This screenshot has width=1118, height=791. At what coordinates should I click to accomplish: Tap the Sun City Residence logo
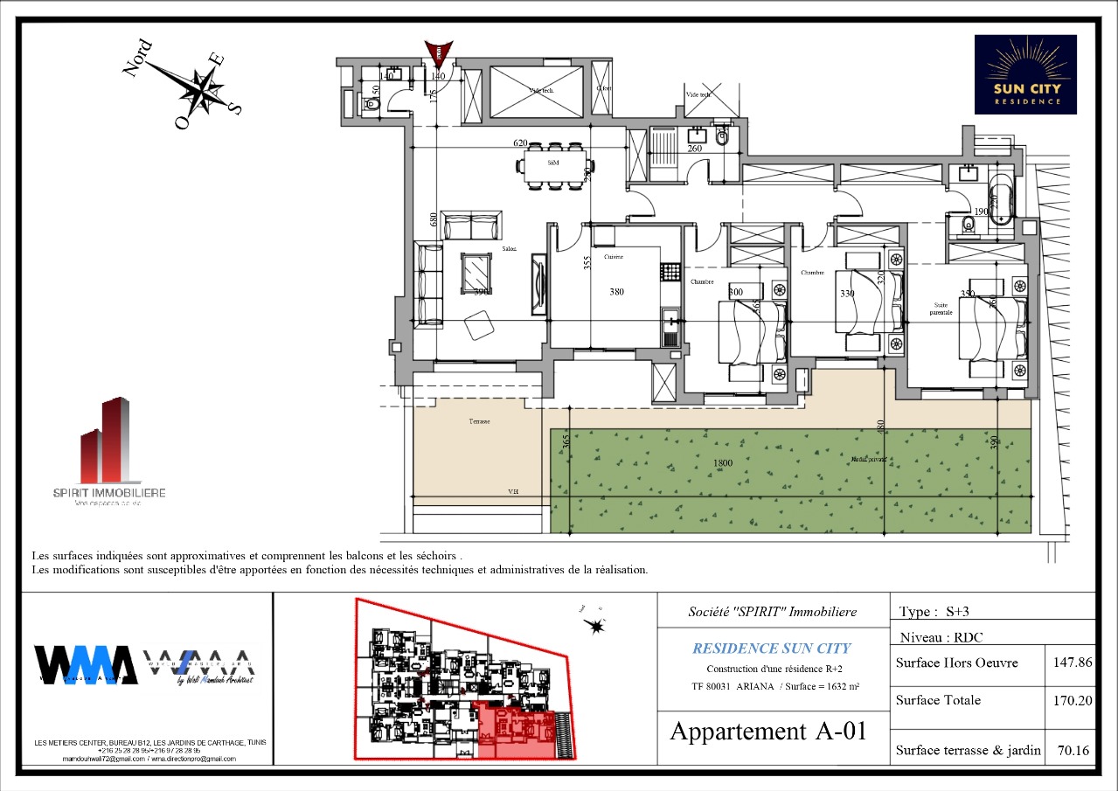click(x=1025, y=74)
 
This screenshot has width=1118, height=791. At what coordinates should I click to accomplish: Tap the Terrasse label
click(x=478, y=421)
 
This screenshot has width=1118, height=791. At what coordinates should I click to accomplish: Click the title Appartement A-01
click(x=767, y=731)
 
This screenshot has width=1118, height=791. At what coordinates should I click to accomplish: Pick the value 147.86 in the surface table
click(x=1071, y=663)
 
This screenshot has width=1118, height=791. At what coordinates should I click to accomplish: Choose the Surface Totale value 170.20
click(x=1071, y=700)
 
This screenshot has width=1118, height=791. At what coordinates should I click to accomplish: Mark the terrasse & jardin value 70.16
click(x=1071, y=750)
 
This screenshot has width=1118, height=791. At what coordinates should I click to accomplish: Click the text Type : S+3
click(x=931, y=612)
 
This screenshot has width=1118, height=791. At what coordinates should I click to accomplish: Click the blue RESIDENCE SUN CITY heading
click(x=771, y=649)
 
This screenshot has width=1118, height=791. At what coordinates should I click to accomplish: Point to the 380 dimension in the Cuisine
click(x=616, y=293)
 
